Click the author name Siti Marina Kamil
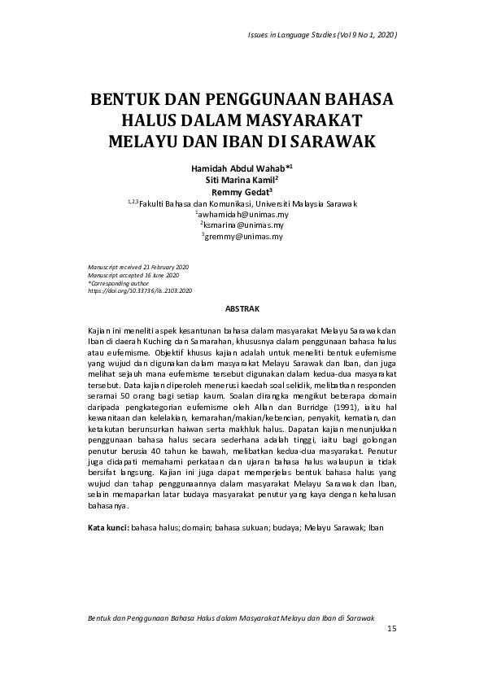coord(242,179)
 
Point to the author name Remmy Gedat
coord(242,191)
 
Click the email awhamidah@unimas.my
coord(242,214)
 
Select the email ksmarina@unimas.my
coord(243,225)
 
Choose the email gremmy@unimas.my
coord(243,236)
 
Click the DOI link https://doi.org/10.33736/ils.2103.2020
coord(139,290)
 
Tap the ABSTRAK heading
coord(242,310)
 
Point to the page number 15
coord(391,629)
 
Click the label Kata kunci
coord(107,528)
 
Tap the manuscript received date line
coord(137,268)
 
